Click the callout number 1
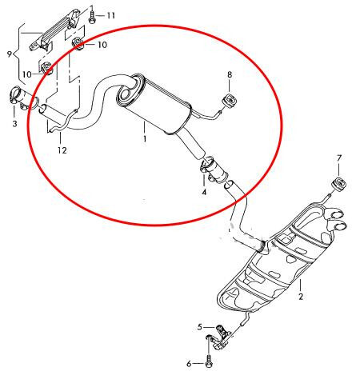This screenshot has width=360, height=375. [x=145, y=139]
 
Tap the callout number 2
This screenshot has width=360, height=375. [x=301, y=297]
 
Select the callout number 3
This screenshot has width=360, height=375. [x=14, y=123]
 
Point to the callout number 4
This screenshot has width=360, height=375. [x=204, y=192]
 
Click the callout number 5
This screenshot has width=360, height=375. [x=200, y=327]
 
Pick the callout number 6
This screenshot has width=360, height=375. [x=189, y=364]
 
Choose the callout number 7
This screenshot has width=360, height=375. [x=339, y=158]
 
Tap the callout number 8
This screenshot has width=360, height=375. [x=230, y=75]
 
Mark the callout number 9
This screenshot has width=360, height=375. [x=10, y=54]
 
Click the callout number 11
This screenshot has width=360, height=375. [x=111, y=15]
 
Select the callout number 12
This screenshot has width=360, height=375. [x=62, y=150]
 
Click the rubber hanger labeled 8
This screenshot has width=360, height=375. [x=230, y=101]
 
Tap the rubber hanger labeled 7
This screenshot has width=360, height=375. [x=339, y=184]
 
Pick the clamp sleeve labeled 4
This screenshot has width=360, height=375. [x=213, y=170]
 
